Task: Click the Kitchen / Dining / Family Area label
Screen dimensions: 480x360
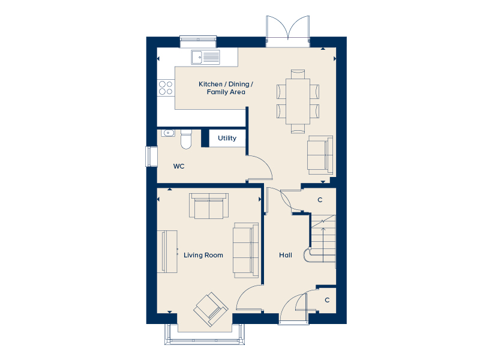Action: coord(226,88)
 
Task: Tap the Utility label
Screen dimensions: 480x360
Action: coord(227,138)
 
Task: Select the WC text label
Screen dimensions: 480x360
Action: coord(179,166)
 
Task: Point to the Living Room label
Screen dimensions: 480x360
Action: coord(203,255)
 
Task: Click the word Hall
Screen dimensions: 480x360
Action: coord(286,255)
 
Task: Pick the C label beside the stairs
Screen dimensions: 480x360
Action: coord(320,200)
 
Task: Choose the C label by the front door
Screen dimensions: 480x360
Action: coord(327,300)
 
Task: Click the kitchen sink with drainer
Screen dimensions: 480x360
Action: coord(206,57)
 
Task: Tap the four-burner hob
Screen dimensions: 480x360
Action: coord(166,88)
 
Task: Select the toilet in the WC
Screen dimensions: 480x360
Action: coord(186,139)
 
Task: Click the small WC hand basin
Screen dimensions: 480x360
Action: coord(168,133)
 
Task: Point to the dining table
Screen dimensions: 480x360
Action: coord(298,101)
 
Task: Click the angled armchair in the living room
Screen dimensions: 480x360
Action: coord(211,309)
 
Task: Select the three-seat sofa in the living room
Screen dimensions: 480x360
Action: coord(246,250)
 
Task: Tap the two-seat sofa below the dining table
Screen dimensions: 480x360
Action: coord(320,155)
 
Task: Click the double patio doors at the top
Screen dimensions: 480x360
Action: coord(288,31)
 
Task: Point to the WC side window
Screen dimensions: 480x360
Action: coord(151,157)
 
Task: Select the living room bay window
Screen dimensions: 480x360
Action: coord(205,335)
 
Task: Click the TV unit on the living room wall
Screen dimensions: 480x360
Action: coord(167,251)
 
